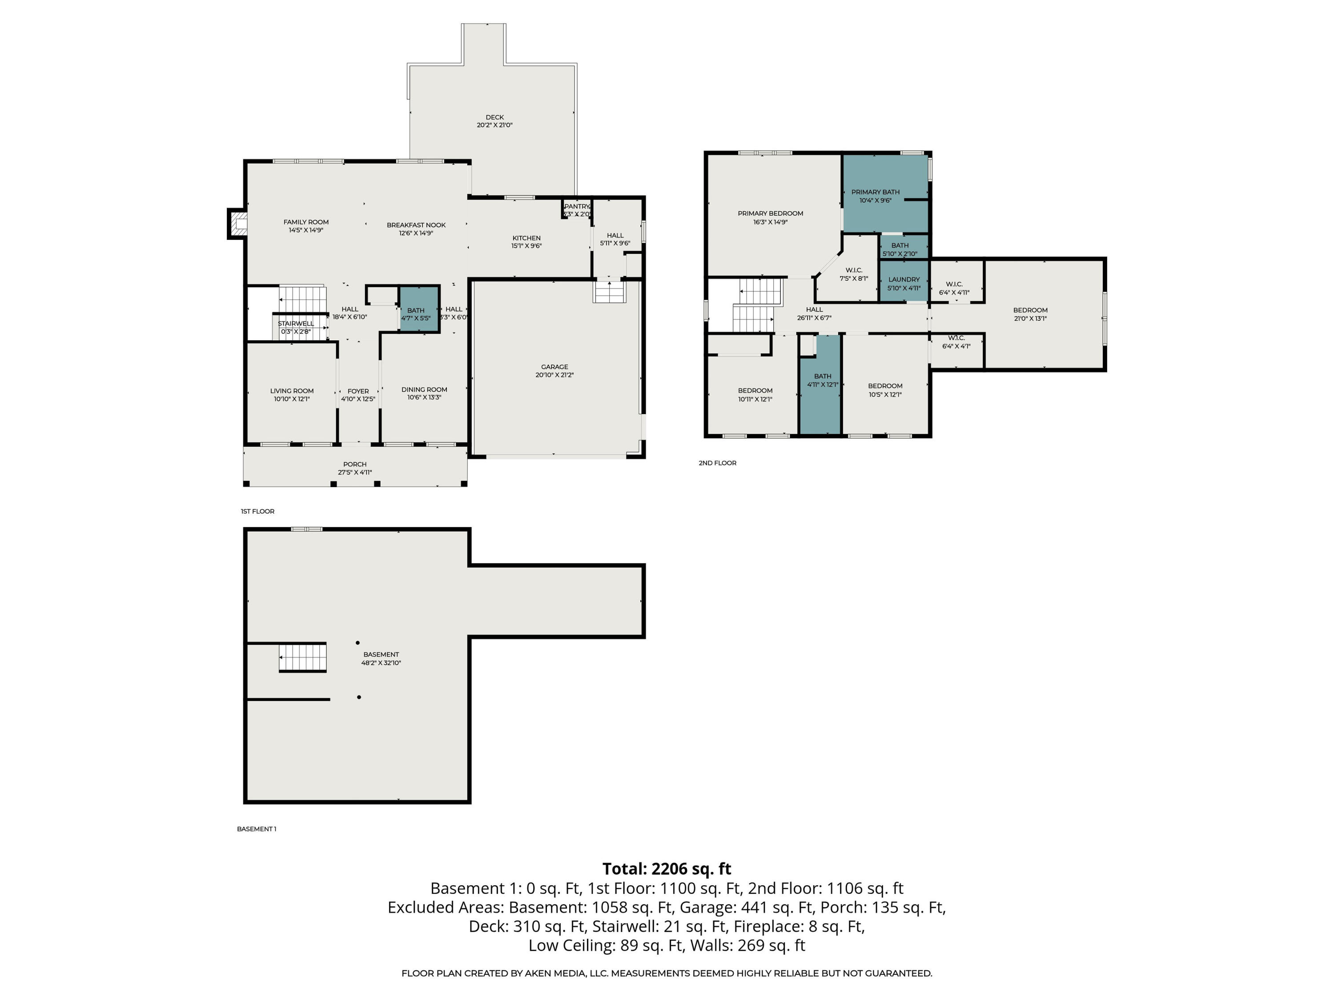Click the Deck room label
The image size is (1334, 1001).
(x=494, y=117)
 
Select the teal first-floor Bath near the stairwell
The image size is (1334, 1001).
(x=418, y=309)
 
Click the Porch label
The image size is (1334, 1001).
(x=354, y=464)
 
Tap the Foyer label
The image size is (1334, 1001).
(x=358, y=391)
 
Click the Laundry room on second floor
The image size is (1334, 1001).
(x=904, y=281)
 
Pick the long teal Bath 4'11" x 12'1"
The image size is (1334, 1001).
(x=821, y=384)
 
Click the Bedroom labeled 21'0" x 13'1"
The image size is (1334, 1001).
(x=1030, y=314)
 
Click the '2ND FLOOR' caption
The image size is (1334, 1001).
(x=717, y=463)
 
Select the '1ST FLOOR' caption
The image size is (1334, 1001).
(x=257, y=511)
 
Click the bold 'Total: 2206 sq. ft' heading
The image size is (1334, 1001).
(x=667, y=869)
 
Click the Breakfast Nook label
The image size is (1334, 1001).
(x=416, y=225)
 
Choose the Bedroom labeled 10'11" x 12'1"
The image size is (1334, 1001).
(x=755, y=395)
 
